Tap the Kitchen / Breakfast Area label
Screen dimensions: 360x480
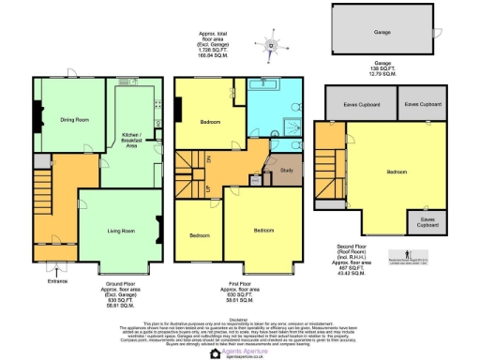tap(131, 140)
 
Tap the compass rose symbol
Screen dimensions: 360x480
tap(273, 44)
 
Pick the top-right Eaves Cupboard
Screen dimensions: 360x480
tap(424, 104)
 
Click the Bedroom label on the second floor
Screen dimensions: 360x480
tap(396, 172)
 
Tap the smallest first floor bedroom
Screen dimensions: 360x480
tap(201, 235)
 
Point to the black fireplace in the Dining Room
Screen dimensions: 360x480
tap(37, 118)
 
